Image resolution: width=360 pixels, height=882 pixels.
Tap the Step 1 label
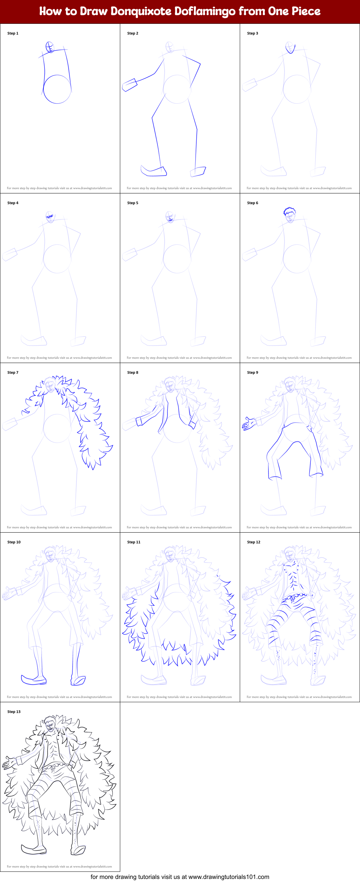pos(13,33)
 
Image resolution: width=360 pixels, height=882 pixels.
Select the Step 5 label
pos(132,203)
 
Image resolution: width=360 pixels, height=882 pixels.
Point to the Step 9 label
pos(253,372)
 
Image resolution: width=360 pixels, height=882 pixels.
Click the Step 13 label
pos(14,711)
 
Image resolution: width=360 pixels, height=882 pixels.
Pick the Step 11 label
pos(133,542)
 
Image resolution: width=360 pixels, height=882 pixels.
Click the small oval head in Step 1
pos(50,47)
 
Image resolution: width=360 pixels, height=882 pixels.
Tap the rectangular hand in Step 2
pos(129,85)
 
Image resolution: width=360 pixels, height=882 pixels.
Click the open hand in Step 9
pos(249,423)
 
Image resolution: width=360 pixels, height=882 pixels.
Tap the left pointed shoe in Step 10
pos(33,680)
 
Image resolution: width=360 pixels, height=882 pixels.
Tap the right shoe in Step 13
pos(78,849)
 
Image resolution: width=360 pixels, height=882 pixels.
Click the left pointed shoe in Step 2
pos(154,171)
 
